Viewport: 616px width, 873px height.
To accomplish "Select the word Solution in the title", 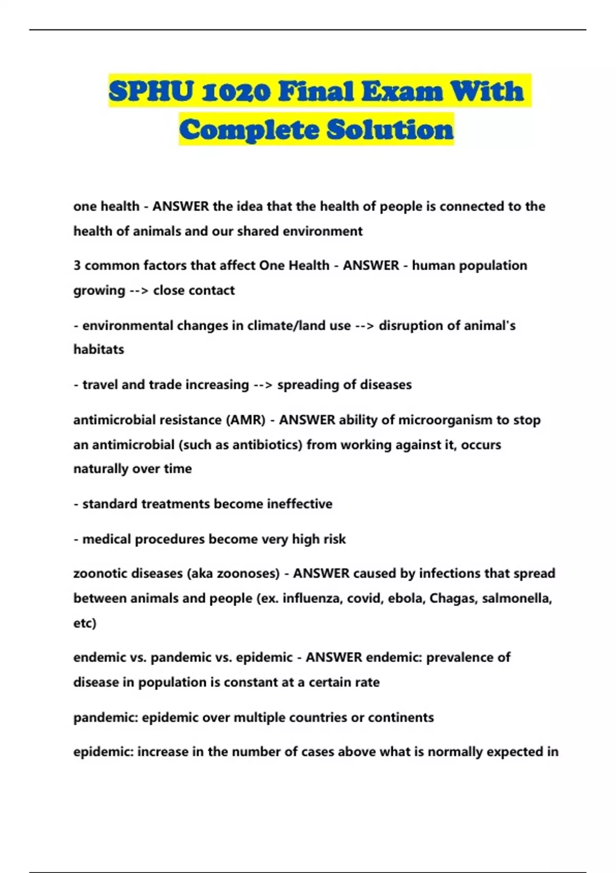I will [390, 129].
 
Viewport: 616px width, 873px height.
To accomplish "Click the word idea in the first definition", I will [252, 206].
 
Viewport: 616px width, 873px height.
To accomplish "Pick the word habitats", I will [99, 350].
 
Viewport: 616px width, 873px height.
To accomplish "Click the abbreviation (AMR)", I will [245, 420].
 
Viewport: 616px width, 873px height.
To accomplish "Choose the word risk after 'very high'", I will [334, 539].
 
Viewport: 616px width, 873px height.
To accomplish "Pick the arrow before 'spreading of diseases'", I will [263, 385].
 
